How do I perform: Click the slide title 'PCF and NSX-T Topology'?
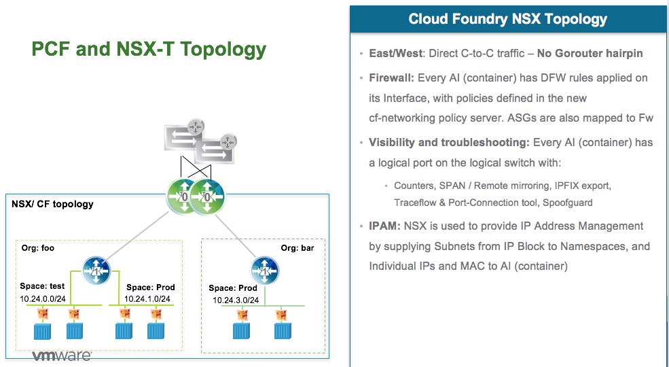[x=149, y=50]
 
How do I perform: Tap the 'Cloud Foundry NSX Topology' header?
[x=508, y=19]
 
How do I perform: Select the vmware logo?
[x=62, y=356]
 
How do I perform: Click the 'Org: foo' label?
[x=38, y=248]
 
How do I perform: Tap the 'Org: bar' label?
[x=297, y=248]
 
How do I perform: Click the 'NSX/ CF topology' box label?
[x=53, y=204]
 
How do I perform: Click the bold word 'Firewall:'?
[x=391, y=77]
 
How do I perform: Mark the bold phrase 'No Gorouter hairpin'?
[x=589, y=53]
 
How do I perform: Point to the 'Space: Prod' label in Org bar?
[x=234, y=288]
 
